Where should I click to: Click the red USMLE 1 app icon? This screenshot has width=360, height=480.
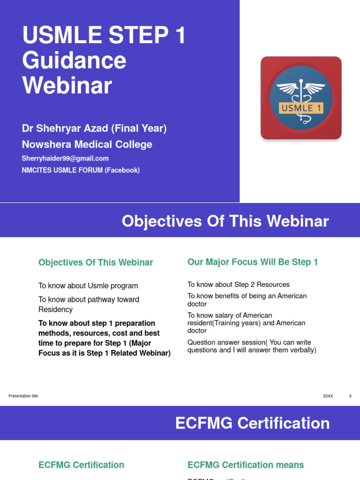[301, 98]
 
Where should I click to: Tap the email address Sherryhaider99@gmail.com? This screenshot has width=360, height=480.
[65, 158]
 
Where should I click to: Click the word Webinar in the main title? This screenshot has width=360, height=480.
[67, 85]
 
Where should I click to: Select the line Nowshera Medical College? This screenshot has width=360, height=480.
[87, 144]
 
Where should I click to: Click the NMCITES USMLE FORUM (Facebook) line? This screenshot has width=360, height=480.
[81, 170]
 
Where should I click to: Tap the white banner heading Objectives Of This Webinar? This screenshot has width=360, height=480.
[225, 221]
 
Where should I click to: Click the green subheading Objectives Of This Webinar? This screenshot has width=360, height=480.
[96, 262]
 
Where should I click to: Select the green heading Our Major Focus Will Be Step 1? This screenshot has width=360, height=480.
[253, 262]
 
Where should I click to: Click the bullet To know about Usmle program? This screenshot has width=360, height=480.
[88, 286]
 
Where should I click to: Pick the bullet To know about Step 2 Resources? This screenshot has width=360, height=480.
[239, 285]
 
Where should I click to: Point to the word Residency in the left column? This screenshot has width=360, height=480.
[55, 309]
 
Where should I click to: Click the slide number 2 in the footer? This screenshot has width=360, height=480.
[350, 396]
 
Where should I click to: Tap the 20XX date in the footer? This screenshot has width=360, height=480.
[328, 396]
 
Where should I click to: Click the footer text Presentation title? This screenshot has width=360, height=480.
[23, 396]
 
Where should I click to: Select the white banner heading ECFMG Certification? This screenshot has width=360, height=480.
[252, 423]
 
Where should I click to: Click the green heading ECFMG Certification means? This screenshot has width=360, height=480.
[246, 465]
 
